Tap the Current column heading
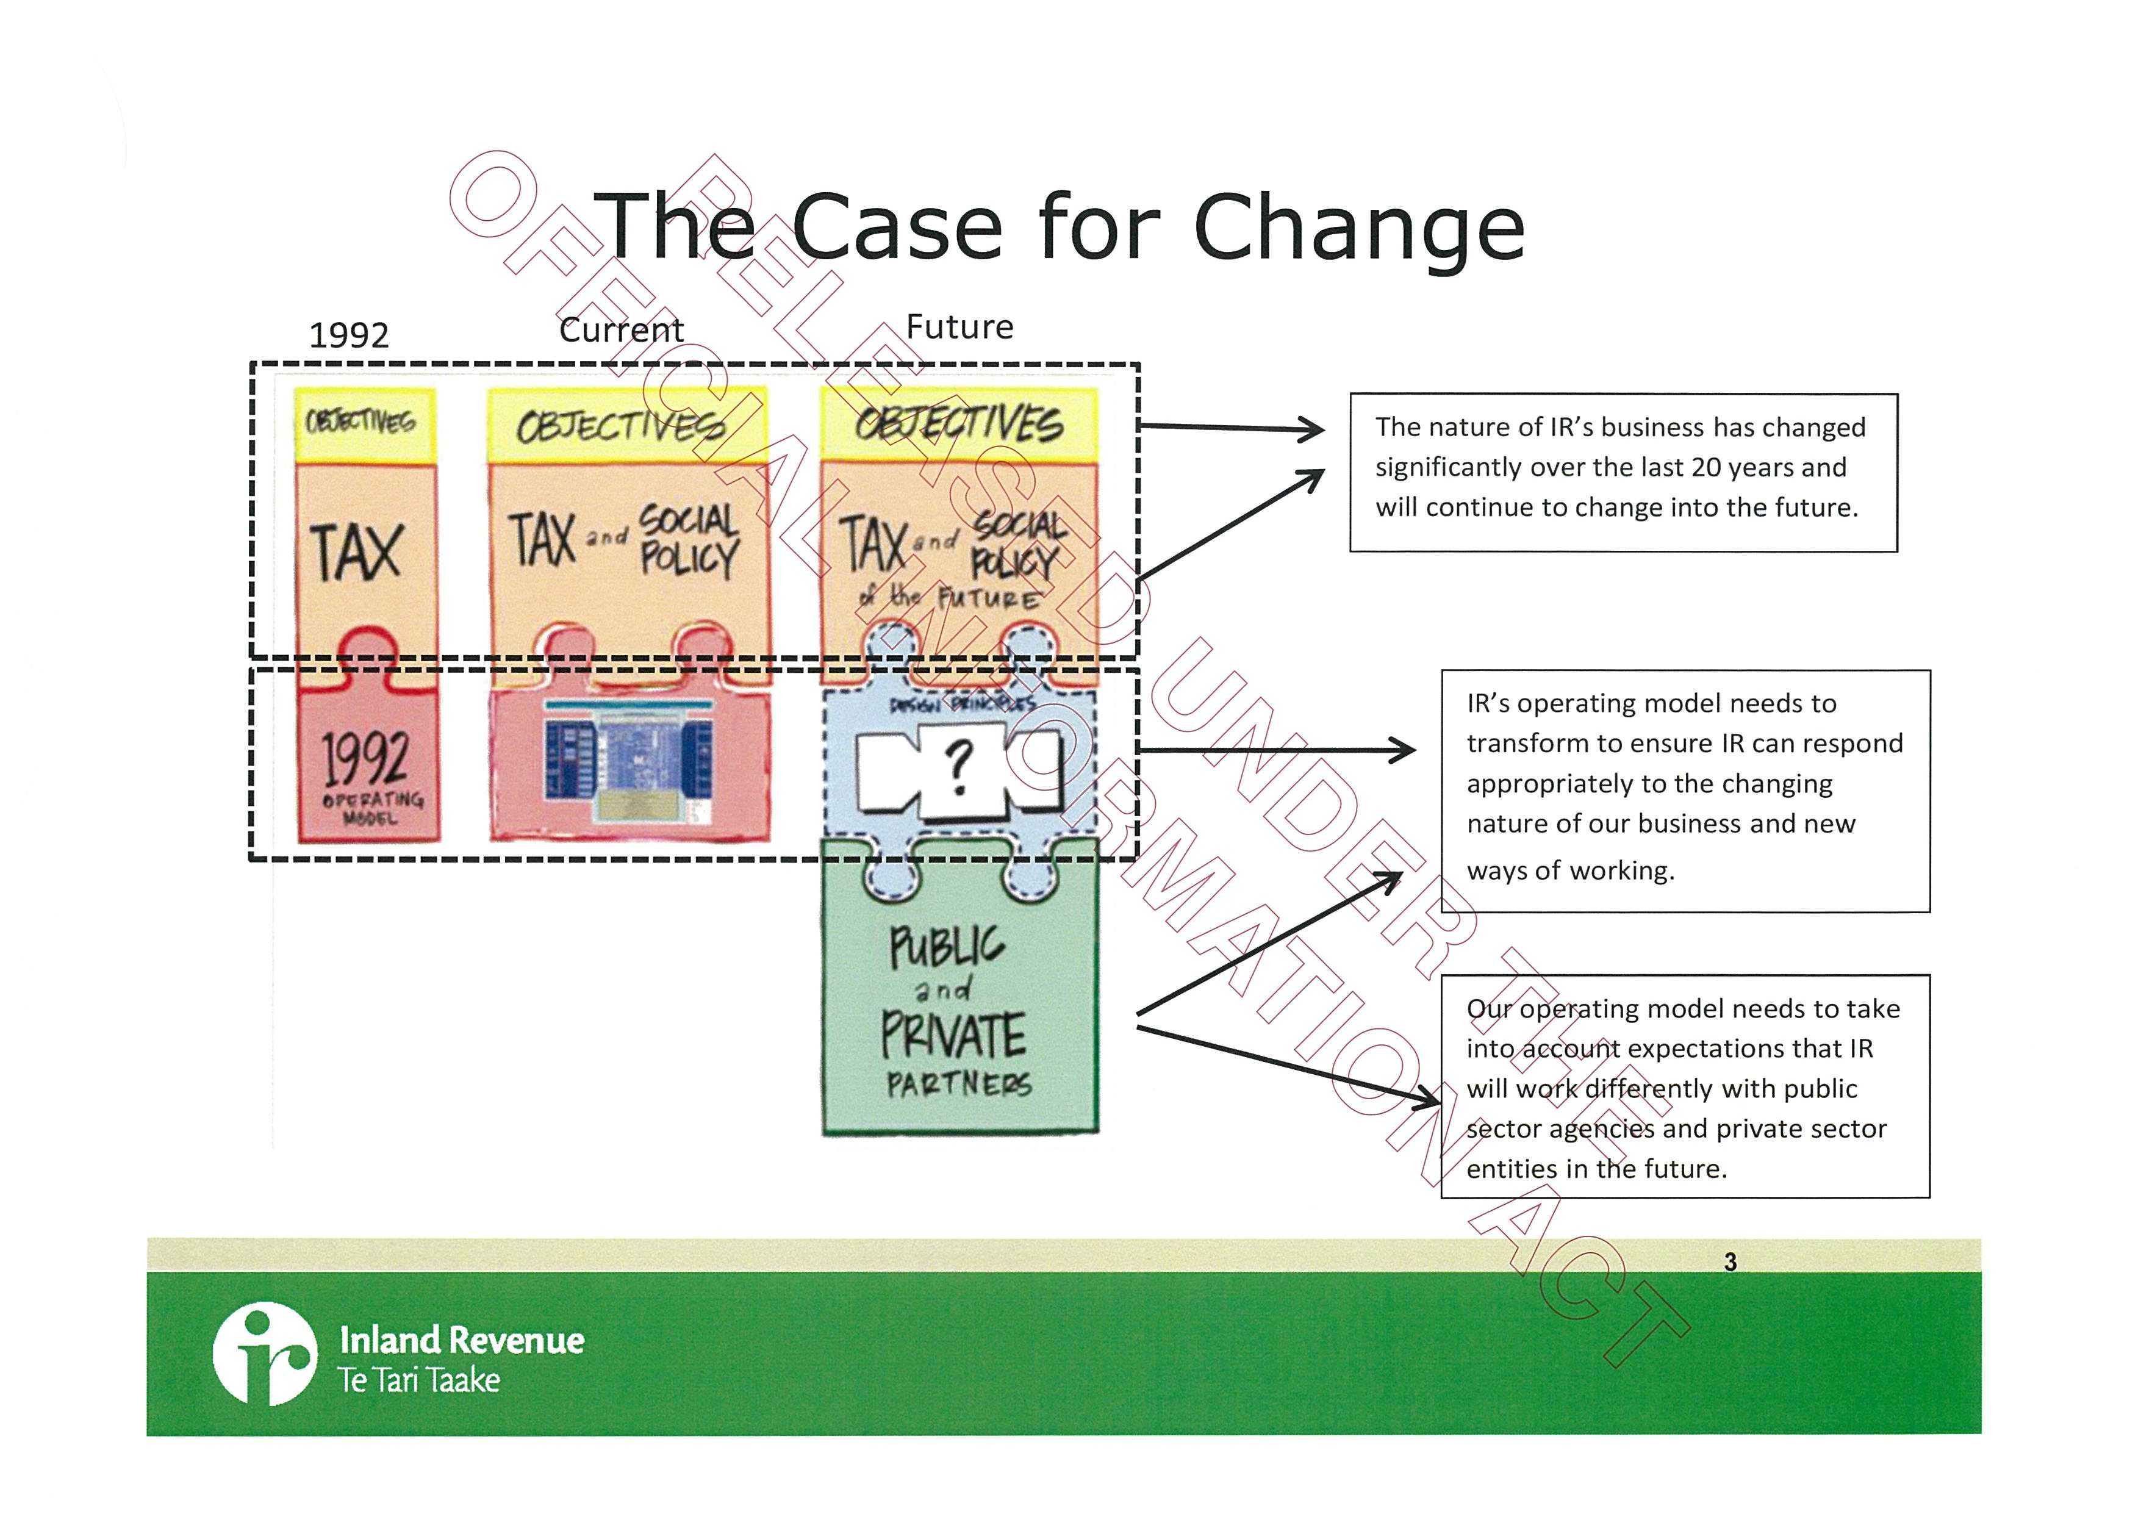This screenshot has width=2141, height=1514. click(x=621, y=329)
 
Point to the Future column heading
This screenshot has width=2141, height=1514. click(x=959, y=326)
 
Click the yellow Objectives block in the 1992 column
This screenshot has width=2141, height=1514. click(x=365, y=424)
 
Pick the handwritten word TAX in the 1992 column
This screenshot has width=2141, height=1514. click(x=356, y=552)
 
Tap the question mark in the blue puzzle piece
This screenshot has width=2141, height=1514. click(x=959, y=766)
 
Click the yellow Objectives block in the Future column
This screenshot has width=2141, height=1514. click(x=959, y=424)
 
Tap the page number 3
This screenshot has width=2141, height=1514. click(x=1730, y=1261)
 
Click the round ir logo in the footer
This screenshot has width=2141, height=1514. click(x=264, y=1354)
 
